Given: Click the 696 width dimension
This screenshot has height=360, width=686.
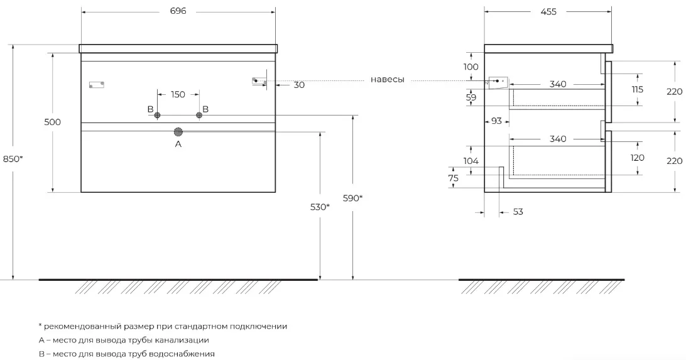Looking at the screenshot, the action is click(x=178, y=11).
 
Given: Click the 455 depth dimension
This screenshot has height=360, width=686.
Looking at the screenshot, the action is click(x=548, y=12).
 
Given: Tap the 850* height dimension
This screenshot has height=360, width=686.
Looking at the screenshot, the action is click(x=13, y=159).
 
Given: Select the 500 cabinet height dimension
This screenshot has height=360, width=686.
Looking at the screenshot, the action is click(x=53, y=122).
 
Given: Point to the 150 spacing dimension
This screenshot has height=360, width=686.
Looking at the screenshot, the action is click(x=178, y=94).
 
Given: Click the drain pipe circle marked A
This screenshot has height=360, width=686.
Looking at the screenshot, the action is click(x=178, y=132).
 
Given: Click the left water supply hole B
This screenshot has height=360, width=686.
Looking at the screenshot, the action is click(x=158, y=115).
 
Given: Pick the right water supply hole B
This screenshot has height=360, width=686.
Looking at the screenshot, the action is click(x=199, y=115).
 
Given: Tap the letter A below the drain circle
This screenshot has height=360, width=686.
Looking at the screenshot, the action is click(x=178, y=144).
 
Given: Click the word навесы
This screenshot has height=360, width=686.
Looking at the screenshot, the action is click(x=387, y=80).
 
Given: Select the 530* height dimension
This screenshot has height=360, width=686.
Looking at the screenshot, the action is click(x=320, y=207).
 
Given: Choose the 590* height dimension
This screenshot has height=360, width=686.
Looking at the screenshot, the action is click(x=352, y=198).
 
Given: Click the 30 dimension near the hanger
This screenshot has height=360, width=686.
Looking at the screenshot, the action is click(x=299, y=85).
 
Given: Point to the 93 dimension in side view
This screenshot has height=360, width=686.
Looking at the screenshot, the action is click(x=496, y=120).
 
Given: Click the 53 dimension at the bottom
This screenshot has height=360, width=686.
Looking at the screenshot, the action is click(x=518, y=212).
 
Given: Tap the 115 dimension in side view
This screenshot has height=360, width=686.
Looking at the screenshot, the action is click(x=638, y=89).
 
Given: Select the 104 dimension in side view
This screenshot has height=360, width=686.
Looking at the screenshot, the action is click(x=471, y=161).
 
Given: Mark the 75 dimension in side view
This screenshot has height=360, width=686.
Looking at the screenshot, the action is click(x=454, y=178).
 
